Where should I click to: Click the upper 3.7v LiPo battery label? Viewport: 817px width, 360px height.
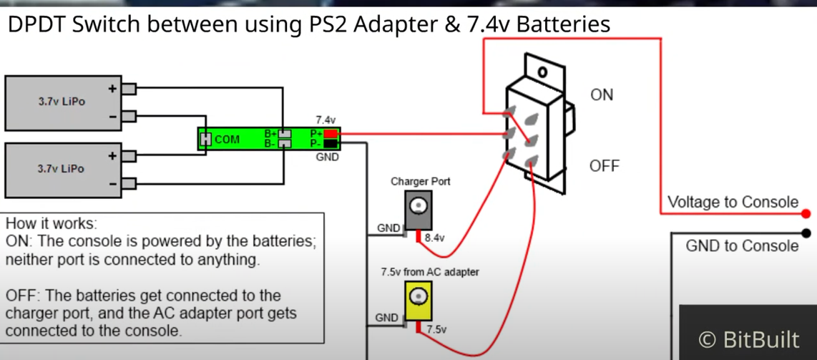[62, 102]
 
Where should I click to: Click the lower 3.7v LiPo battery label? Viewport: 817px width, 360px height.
[62, 169]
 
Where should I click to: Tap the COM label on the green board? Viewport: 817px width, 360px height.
[228, 139]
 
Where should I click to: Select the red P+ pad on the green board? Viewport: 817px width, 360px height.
[331, 134]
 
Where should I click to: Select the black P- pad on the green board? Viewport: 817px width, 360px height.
[331, 143]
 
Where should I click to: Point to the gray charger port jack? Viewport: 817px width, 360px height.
[419, 210]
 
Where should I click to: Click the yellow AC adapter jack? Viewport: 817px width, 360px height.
[419, 301]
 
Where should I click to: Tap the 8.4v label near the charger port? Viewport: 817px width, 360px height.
[434, 238]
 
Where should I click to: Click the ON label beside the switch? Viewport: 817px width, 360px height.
[602, 94]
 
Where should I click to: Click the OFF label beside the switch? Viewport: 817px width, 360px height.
[605, 166]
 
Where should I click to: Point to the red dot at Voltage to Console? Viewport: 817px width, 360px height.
[806, 213]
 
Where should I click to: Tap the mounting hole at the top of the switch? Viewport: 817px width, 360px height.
[543, 71]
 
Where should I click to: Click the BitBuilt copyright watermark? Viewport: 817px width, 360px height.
[749, 340]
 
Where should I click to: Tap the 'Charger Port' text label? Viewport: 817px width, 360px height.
[421, 182]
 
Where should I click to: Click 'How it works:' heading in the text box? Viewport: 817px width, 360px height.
[52, 225]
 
